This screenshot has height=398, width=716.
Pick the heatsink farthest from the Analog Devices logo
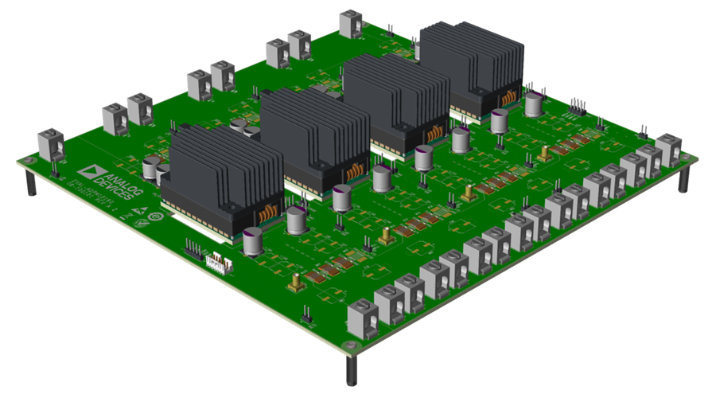coord(469,64)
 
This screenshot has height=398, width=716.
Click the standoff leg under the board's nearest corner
coord(351,369)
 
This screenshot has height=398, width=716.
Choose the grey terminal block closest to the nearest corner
coord(363,316)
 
